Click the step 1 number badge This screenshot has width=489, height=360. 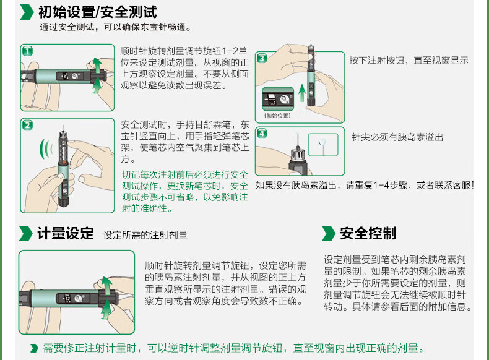(27, 50)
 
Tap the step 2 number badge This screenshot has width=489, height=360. (27, 125)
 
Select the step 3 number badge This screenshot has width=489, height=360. (261, 58)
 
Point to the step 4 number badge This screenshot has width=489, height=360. (262, 133)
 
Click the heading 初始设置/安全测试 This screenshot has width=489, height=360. (97, 12)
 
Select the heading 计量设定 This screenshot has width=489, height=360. (66, 233)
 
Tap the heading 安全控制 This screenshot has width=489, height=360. (368, 233)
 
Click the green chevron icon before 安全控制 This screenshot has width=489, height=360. (328, 233)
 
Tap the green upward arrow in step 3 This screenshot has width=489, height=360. (301, 96)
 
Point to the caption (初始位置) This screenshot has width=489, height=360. (277, 116)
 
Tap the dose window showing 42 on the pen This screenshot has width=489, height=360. (62, 293)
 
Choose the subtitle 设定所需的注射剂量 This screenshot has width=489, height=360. (145, 235)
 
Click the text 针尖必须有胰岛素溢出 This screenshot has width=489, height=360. (397, 137)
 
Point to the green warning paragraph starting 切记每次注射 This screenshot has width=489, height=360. (184, 191)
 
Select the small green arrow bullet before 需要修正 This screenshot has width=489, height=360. (35, 348)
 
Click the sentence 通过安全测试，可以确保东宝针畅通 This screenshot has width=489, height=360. (115, 27)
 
